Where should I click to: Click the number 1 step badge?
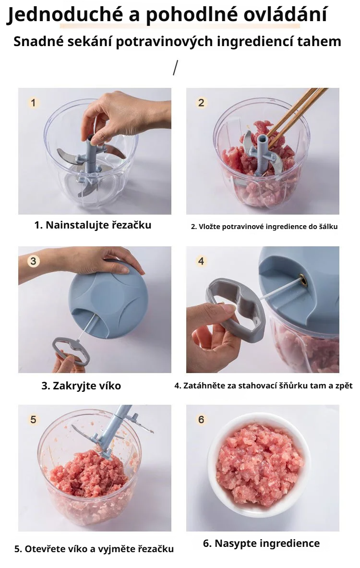pos(33,103)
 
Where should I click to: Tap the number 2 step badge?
pos(201,103)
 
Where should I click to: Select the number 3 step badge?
pos(33,261)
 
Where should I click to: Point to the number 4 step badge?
pos(201,261)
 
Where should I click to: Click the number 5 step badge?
pos(33,420)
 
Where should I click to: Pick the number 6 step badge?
pos(201,420)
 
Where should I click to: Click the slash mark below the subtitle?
pos(175,68)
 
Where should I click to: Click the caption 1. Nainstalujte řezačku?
pos(93,225)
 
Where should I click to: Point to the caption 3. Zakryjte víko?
pos(81,386)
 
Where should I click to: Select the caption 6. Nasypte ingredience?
pos(261,543)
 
